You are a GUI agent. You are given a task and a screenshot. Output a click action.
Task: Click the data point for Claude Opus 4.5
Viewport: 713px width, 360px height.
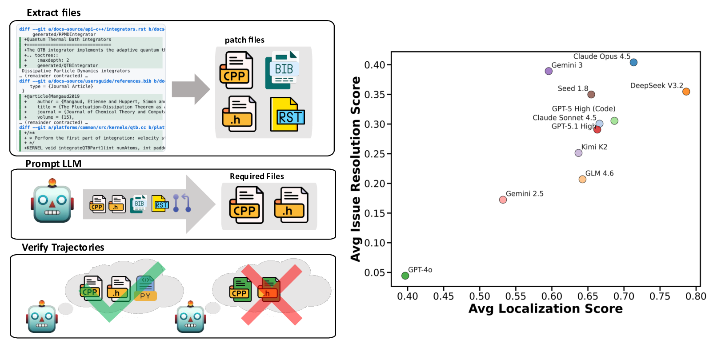pos(633,62)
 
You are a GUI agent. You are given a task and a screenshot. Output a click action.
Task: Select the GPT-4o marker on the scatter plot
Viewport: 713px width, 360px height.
pos(405,276)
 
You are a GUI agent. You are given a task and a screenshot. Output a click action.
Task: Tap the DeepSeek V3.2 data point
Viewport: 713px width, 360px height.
pos(686,92)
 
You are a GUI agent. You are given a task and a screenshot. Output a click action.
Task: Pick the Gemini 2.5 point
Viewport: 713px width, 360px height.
pos(503,200)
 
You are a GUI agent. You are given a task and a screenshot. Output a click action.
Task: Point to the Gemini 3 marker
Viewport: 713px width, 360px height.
pos(549,71)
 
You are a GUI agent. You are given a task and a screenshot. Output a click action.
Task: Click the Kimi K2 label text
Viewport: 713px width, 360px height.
pos(594,147)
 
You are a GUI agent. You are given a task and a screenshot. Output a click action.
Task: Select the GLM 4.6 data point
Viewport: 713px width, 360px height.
pos(582,179)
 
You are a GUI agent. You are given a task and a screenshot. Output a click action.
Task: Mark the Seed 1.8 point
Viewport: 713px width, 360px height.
pos(591,94)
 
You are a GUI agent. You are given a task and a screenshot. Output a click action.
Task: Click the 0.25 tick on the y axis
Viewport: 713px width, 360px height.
pos(374,154)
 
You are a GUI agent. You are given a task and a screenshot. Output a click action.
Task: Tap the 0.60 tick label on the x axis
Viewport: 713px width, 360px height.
pos(552,296)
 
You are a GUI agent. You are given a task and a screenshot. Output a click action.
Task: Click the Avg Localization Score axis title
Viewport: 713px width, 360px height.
pos(545,308)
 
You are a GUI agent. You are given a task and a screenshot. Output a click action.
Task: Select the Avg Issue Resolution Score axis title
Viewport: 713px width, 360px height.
pos(356,169)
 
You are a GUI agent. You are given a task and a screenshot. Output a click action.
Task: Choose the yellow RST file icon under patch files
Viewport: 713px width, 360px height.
pos(287,115)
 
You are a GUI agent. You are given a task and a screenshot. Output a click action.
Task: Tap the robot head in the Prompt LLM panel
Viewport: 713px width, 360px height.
pos(52,203)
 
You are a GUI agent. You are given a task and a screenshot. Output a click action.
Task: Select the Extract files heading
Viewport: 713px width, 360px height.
pos(54,13)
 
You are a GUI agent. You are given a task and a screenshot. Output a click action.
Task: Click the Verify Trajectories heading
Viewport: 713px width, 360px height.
pos(63,248)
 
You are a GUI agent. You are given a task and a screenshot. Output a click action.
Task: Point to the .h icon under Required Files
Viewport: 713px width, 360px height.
pos(291,205)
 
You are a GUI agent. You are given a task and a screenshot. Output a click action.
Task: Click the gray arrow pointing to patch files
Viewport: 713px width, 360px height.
pos(190,89)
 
